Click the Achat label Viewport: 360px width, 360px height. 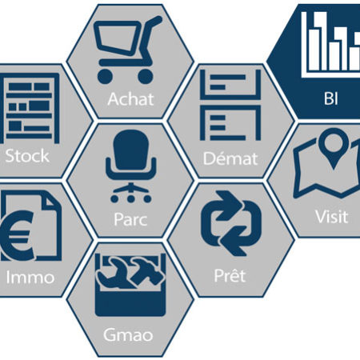click(130, 99)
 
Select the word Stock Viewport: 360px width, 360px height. click(27, 156)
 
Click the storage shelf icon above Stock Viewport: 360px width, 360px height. click(30, 108)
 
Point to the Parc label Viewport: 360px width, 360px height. click(130, 219)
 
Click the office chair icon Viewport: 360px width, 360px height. click(131, 166)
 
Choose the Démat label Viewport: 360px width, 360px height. click(230, 158)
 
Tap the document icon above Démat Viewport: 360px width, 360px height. click(230, 105)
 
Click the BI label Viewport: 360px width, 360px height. click(331, 98)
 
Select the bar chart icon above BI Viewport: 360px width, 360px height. click(330, 44)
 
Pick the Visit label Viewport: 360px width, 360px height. click(332, 217)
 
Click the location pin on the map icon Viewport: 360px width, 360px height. click(334, 147)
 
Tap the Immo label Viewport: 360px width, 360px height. click(30, 278)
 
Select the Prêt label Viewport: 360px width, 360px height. click(230, 275)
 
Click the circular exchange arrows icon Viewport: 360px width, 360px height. click(231, 223)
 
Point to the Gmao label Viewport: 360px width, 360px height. click(128, 334)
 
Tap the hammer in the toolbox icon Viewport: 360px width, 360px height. click(146, 270)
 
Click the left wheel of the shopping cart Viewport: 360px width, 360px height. click(105, 77)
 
